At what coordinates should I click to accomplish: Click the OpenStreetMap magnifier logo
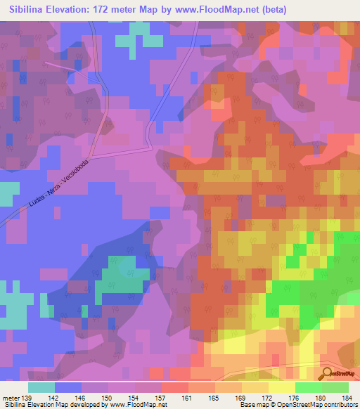pyautogui.click(x=326, y=374)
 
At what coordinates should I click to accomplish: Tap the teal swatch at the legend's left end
pyautogui.click(x=41, y=387)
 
